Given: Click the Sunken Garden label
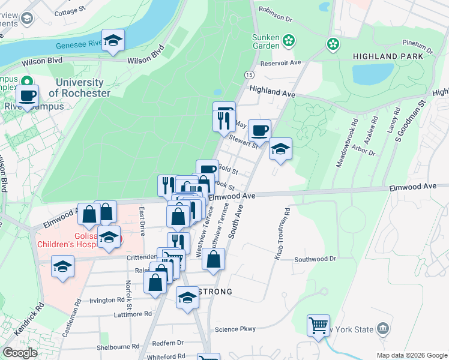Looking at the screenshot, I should pyautogui.click(x=265, y=41).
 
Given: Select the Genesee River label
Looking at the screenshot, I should pyautogui.click(x=77, y=45).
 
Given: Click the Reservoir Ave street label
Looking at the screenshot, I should pyautogui.click(x=280, y=63).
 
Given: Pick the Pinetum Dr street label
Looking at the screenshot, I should pyautogui.click(x=418, y=44).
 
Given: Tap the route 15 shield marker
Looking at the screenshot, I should pyautogui.click(x=248, y=74).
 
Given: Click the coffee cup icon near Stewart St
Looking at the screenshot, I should pyautogui.click(x=259, y=130).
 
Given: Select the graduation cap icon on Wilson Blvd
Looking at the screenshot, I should pyautogui.click(x=113, y=40).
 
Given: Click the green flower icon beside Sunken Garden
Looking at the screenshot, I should pyautogui.click(x=289, y=40).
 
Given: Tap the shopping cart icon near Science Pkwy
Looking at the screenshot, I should pyautogui.click(x=318, y=326).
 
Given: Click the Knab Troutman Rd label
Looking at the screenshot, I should pyautogui.click(x=283, y=234).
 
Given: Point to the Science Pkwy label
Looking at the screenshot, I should pyautogui.click(x=235, y=329).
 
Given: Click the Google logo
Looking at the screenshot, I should pyautogui.click(x=20, y=353).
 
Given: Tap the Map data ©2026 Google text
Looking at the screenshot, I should pyautogui.click(x=412, y=355).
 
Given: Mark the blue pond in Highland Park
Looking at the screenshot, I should pyautogui.click(x=373, y=74).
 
